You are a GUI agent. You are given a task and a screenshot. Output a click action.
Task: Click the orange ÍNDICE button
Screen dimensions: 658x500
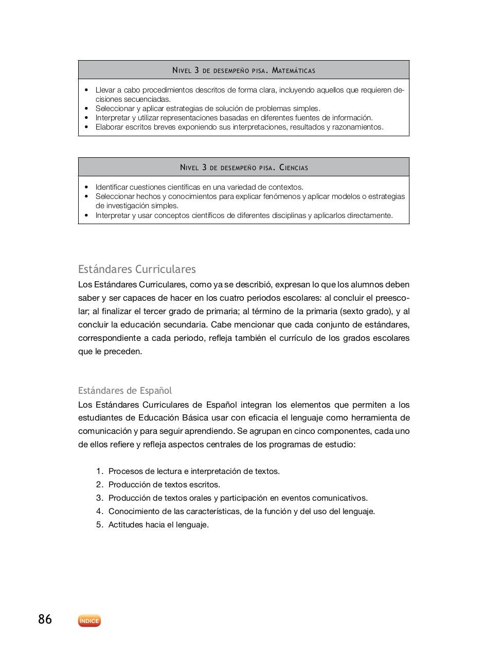pos(90,621)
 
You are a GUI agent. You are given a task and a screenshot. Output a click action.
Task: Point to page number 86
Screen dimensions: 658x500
pos(45,619)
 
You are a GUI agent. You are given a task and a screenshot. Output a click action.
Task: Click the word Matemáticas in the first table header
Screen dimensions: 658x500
pos(293,70)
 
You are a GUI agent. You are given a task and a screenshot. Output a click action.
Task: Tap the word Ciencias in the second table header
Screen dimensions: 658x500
pos(294,168)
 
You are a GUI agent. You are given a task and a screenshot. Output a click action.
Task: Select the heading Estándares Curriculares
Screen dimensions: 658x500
pos(137,269)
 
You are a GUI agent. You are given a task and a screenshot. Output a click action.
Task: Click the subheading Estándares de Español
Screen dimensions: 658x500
pos(125,390)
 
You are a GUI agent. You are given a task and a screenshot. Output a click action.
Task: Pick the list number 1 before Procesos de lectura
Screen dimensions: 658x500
pos(99,471)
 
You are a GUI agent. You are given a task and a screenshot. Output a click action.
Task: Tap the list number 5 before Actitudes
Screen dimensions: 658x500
pos(99,525)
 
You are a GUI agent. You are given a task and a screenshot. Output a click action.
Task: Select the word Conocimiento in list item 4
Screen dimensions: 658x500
pos(133,511)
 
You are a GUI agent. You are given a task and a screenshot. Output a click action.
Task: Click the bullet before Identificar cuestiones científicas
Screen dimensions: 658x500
pos(86,187)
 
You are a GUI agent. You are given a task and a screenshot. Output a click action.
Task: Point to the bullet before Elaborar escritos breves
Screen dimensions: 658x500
pos(86,127)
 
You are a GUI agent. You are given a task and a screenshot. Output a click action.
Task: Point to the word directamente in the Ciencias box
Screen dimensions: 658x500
pos(370,215)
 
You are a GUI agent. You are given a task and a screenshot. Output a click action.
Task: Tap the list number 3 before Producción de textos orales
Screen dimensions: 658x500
pos(99,498)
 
